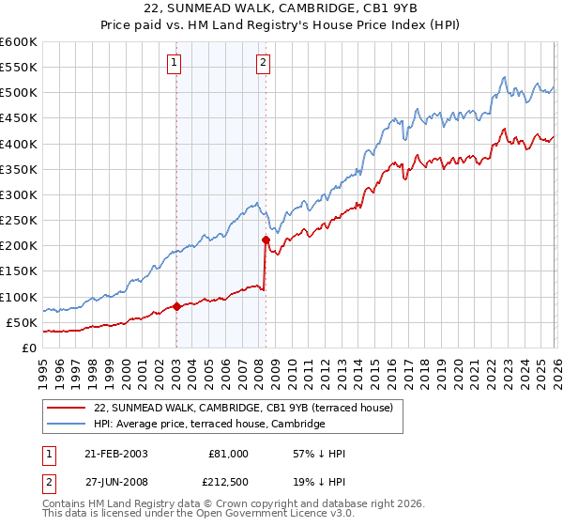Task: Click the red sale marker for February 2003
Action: (x=176, y=306)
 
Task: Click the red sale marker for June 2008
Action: (x=266, y=240)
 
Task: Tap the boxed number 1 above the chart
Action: (x=175, y=63)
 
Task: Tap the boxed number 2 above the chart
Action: (x=263, y=63)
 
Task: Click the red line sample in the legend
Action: (x=67, y=408)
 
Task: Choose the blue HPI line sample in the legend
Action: (x=67, y=425)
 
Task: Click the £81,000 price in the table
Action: (x=228, y=454)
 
